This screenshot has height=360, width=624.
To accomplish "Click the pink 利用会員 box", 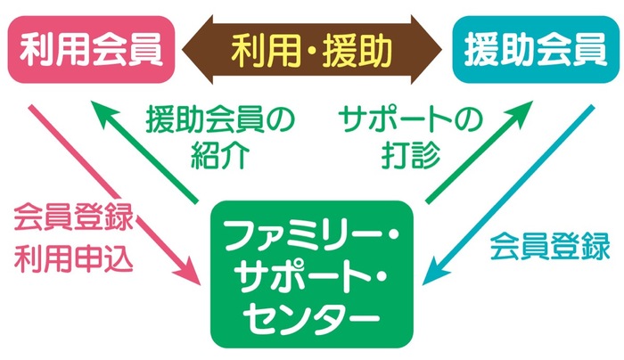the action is (91, 50).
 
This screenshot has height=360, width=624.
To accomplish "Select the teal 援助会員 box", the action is (536, 50).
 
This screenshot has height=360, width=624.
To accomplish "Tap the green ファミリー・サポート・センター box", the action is (312, 274).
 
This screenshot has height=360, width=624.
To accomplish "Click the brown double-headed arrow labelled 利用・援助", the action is (312, 50).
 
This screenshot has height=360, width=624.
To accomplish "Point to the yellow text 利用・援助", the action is (312, 51).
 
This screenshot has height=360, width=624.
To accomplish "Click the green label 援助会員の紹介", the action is (220, 136).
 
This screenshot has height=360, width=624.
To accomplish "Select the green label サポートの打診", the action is (410, 136).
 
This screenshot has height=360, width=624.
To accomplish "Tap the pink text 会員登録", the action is (74, 217).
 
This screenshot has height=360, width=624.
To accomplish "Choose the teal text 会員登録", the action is (550, 246).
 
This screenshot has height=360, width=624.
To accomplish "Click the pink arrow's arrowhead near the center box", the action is (188, 273).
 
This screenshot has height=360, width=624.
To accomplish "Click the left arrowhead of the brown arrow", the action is (197, 50).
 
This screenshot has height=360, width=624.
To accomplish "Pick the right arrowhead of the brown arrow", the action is (427, 50).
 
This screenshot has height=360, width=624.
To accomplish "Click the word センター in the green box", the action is (312, 317).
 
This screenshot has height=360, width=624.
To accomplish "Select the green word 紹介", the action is (220, 155).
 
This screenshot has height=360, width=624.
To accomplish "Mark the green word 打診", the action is (410, 155).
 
